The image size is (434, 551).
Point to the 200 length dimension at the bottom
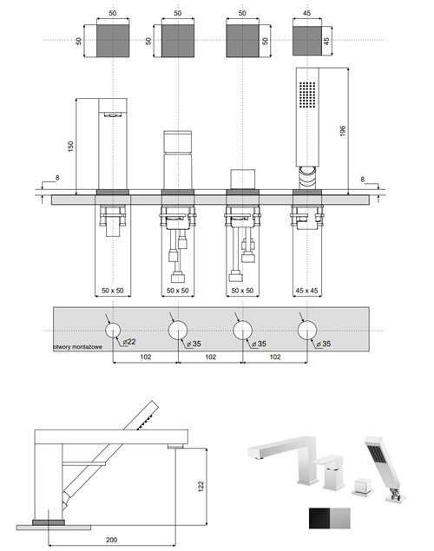click(111, 540)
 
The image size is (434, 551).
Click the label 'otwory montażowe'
click(78, 346)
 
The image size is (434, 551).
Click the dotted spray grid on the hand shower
click(306, 95)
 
